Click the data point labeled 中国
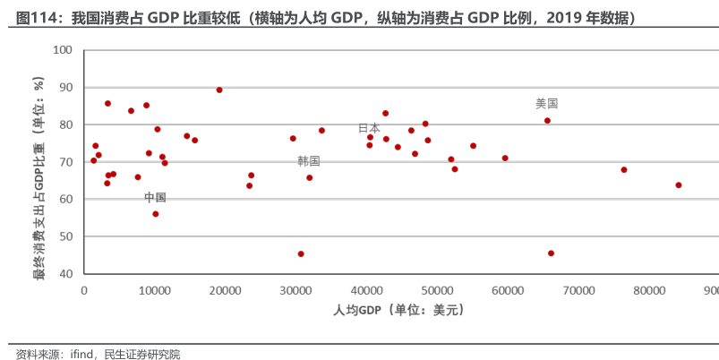[155, 214]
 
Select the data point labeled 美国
[547, 121]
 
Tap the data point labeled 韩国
[310, 177]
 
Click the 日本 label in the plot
[369, 128]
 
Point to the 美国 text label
[546, 104]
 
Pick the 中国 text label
[155, 197]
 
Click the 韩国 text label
[309, 161]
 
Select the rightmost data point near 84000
[679, 185]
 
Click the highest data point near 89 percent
[219, 90]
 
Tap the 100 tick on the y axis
[63, 49]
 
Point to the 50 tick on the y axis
[65, 236]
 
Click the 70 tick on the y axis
[65, 162]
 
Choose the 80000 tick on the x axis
[649, 290]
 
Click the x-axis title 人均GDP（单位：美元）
[398, 310]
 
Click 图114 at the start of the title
[36, 17]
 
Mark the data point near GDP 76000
[624, 169]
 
